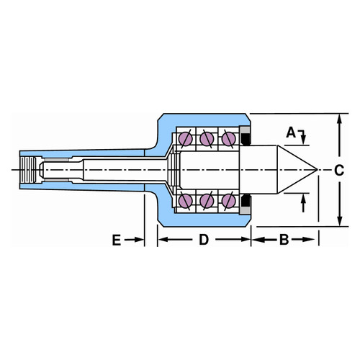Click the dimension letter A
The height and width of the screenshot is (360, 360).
point(291,132)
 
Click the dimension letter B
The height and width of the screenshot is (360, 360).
point(284,240)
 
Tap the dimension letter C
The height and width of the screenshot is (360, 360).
point(339,171)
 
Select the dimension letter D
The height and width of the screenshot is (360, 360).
point(204,240)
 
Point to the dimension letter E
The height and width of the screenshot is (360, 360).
point(117,240)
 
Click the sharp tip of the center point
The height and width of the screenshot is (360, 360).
point(318,169)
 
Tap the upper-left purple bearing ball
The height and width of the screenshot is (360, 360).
point(186,139)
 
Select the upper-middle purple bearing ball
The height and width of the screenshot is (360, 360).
point(207,139)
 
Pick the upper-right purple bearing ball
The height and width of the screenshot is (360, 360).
point(228,139)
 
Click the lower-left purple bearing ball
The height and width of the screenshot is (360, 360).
point(186,201)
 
